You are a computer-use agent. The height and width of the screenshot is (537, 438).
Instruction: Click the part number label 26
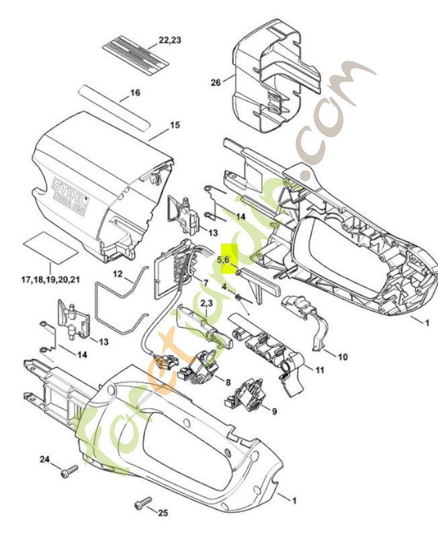[x=216, y=83]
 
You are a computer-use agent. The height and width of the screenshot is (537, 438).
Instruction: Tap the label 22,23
[x=170, y=40]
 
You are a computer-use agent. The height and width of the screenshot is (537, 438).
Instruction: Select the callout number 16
[x=134, y=93]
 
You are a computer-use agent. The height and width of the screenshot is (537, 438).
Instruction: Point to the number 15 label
[x=174, y=125]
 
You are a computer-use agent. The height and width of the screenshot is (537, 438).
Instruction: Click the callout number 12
[x=118, y=274]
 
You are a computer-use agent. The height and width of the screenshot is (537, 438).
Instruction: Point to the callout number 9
[x=274, y=410]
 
